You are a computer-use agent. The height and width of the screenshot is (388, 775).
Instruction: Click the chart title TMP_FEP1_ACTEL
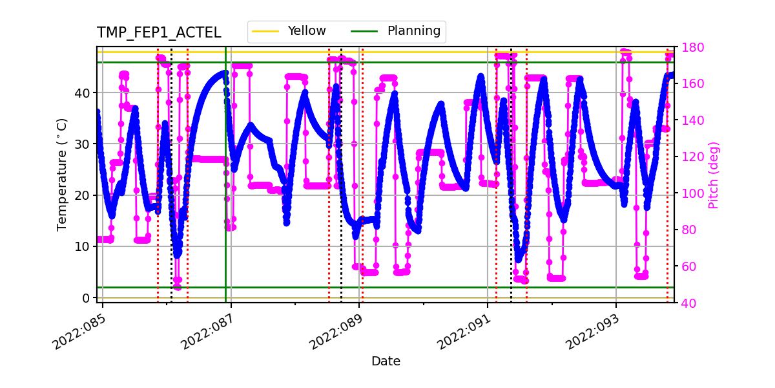159,33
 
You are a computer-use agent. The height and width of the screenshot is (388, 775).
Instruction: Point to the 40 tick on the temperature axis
84,92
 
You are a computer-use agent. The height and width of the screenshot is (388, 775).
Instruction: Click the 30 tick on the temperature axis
84,144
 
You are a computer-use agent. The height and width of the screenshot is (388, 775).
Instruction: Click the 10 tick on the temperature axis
84,246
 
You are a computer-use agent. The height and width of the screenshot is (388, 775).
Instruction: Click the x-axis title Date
386,361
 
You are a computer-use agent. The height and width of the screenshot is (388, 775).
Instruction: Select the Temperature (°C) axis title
62,174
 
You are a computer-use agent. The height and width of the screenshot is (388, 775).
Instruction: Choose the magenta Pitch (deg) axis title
713,175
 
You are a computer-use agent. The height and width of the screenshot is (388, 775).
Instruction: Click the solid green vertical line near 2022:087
225,194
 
